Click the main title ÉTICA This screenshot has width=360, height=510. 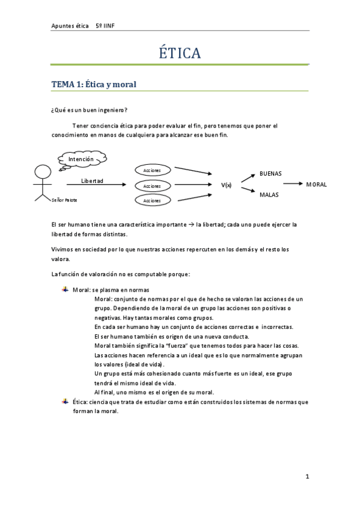coord(180,54)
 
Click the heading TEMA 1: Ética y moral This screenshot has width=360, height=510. coord(94,85)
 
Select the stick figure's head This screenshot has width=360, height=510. coord(42,172)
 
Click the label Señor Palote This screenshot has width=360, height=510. coord(65,200)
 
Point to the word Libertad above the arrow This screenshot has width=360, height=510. coord(92,180)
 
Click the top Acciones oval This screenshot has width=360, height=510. coord(153,171)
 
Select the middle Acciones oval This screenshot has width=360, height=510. coord(153,186)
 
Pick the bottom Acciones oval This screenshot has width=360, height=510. coord(153,200)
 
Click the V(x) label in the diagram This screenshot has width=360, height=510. coord(226,185)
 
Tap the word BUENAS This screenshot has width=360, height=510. coord(270,174)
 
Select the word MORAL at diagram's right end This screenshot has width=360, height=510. coord(316,185)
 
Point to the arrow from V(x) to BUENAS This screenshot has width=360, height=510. coord(248,177)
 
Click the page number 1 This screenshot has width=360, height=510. coord(307,477)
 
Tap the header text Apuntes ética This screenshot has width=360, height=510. coord(69,26)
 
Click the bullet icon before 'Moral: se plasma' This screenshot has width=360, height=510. coord(65,289)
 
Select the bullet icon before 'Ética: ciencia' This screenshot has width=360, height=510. coord(65,401)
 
